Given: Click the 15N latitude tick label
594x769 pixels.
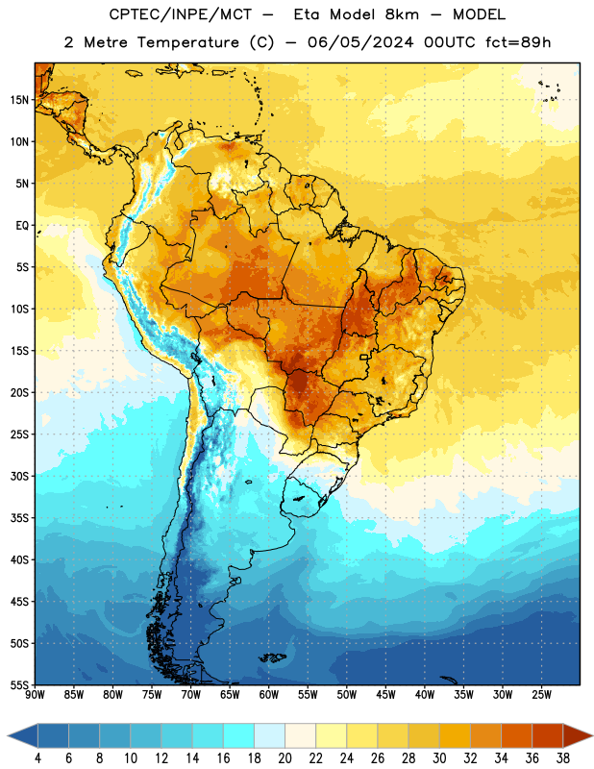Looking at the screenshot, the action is (x=19, y=100).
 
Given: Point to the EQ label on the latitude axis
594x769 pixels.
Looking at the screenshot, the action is (x=22, y=226).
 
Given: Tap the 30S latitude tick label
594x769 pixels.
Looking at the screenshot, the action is (x=19, y=476).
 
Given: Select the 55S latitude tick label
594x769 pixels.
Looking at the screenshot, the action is (x=19, y=684).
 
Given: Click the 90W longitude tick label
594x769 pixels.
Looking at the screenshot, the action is (x=36, y=694).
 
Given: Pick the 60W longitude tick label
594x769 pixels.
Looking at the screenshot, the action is (x=269, y=694).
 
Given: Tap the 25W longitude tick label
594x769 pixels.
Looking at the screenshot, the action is (x=541, y=694).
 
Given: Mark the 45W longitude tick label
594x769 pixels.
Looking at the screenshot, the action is (x=386, y=694).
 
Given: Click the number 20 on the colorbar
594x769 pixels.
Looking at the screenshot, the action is (x=285, y=758).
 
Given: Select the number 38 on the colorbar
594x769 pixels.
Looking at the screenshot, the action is (x=563, y=758).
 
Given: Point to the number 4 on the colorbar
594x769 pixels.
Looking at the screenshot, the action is (x=37, y=758).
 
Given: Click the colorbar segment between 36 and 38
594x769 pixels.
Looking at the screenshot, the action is (x=548, y=737).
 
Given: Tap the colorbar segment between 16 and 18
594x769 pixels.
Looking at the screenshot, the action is (x=239, y=737).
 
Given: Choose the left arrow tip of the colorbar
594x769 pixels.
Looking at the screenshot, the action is (x=8, y=737).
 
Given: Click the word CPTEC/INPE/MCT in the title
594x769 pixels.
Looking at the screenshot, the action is (x=180, y=14).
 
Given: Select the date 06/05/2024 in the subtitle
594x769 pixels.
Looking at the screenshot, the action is (x=360, y=42).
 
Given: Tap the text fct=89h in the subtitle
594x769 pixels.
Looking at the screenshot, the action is (x=518, y=42).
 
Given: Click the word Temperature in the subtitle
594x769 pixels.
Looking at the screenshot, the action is (x=187, y=43).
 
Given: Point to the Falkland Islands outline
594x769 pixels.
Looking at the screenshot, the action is (x=273, y=657).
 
